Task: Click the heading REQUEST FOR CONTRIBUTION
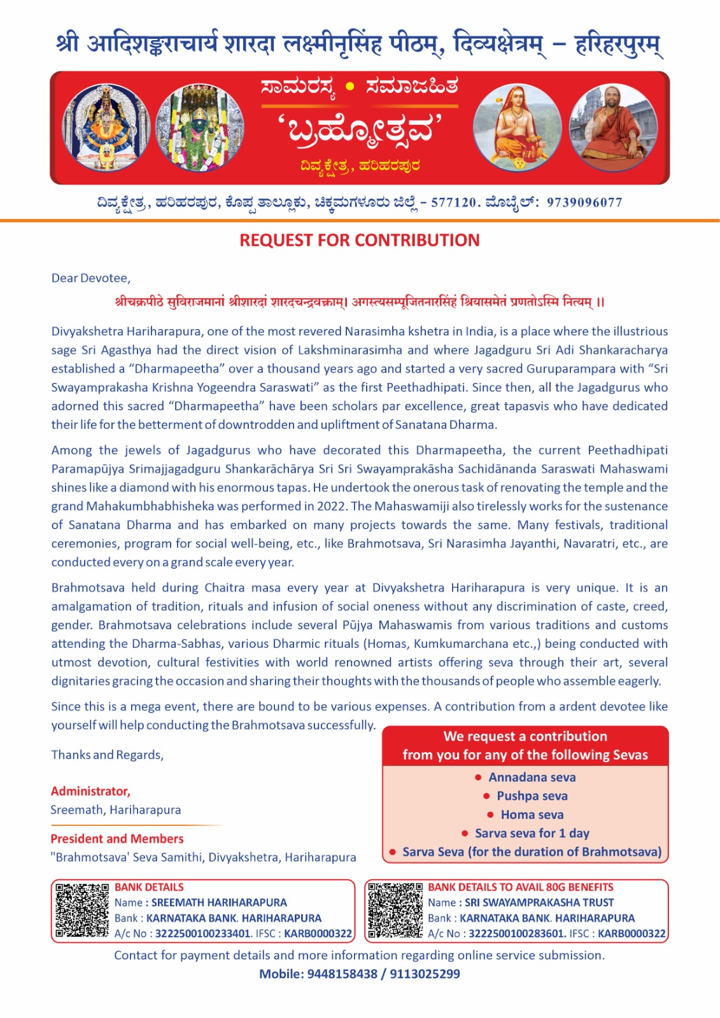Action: pyautogui.click(x=359, y=241)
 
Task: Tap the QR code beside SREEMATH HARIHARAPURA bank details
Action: pyautogui.click(x=81, y=910)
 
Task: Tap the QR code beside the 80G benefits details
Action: pyautogui.click(x=395, y=910)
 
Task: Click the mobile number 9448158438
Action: pyautogui.click(x=342, y=974)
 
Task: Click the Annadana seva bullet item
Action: pyautogui.click(x=532, y=777)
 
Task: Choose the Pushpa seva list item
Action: pyautogui.click(x=532, y=796)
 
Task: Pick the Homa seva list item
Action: pyautogui.click(x=532, y=815)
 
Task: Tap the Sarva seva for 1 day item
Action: pyautogui.click(x=532, y=833)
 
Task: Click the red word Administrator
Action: pyautogui.click(x=90, y=791)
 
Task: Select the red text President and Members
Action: pyautogui.click(x=117, y=839)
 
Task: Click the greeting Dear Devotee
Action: pyautogui.click(x=90, y=278)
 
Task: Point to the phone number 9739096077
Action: pyautogui.click(x=584, y=203)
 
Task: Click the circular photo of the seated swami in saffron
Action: pyautogui.click(x=612, y=128)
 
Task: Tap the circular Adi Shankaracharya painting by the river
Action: pyautogui.click(x=517, y=128)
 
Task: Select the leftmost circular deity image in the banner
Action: pyautogui.click(x=106, y=128)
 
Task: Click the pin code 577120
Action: pyautogui.click(x=454, y=203)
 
